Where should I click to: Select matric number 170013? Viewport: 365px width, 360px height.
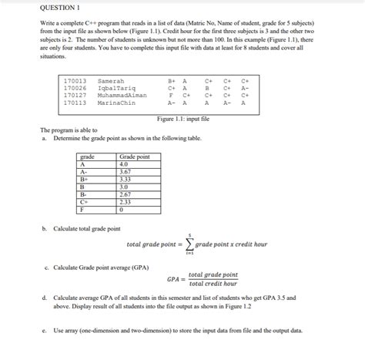[x=75, y=79]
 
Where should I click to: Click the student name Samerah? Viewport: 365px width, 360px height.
[x=112, y=79]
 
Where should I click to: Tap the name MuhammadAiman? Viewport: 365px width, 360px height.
[x=122, y=95]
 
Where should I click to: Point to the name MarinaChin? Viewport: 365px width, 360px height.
[x=116, y=103]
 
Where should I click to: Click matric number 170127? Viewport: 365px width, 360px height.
[x=75, y=95]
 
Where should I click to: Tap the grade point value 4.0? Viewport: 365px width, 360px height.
[x=124, y=163]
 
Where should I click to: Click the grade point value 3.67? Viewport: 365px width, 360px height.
[x=126, y=171]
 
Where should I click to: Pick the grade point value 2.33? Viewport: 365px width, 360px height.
[x=126, y=202]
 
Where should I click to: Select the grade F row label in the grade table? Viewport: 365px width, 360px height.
[x=82, y=210]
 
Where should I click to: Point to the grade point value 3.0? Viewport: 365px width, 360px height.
[x=124, y=187]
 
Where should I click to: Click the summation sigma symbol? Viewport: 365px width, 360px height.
[x=188, y=245]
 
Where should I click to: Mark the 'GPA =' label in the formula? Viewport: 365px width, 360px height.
[x=175, y=279]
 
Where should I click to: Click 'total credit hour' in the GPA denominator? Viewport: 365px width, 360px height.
[x=213, y=284]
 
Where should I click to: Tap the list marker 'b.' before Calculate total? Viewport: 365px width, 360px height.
[x=45, y=228]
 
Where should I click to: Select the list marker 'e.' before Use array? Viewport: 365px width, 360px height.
[x=45, y=330]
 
